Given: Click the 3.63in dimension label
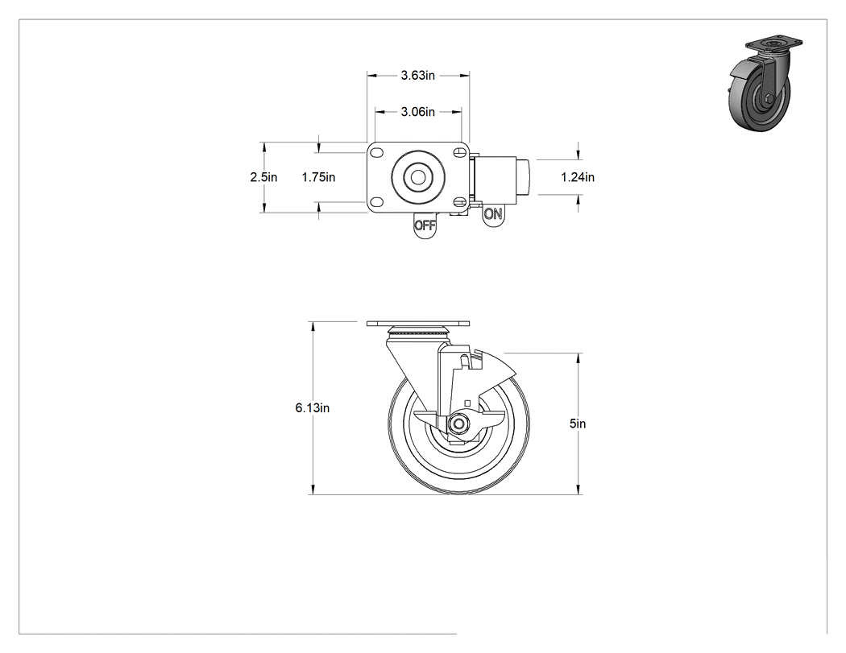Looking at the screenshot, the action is (417, 76).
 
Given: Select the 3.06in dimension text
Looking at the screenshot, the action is (417, 112).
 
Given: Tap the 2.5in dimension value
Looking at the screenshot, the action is (263, 177).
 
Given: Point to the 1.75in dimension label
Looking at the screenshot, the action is (318, 177).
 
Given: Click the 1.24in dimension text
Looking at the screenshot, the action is (578, 177).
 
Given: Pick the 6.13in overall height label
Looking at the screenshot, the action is (313, 408).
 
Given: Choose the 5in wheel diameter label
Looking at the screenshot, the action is (578, 424).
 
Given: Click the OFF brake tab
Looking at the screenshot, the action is (425, 225).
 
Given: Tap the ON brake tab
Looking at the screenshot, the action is (492, 215).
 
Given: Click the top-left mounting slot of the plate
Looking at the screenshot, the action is (376, 153).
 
